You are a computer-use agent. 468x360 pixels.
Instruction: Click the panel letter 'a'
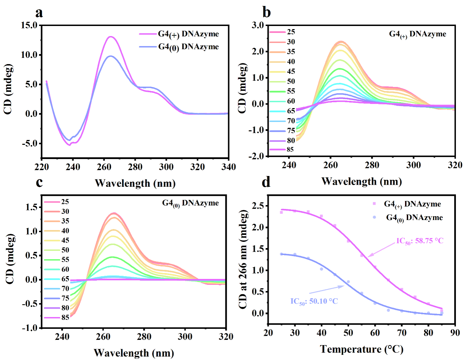(39, 13)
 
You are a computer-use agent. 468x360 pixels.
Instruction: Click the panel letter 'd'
(266, 182)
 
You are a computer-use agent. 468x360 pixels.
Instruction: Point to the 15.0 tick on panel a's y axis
(29, 25)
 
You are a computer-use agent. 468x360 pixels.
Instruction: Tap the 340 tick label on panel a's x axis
(228, 167)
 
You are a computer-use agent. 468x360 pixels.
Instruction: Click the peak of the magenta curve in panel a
(111, 36)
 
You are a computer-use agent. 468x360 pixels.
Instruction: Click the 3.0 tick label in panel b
(258, 25)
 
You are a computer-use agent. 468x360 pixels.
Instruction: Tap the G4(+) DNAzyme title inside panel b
(417, 34)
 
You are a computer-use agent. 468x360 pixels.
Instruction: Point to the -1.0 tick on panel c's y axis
(29, 328)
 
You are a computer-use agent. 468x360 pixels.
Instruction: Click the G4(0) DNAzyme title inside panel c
(190, 203)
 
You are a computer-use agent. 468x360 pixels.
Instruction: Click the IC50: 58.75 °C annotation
(420, 241)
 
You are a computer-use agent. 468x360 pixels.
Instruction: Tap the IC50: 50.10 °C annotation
(314, 301)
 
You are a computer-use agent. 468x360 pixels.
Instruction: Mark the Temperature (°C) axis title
(361, 349)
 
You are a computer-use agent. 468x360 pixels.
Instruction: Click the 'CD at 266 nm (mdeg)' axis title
(243, 259)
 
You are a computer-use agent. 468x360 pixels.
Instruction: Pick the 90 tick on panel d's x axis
(455, 333)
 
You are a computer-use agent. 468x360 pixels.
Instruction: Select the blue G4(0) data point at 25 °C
(281, 254)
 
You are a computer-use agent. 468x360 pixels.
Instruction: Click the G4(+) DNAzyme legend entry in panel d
(412, 204)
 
